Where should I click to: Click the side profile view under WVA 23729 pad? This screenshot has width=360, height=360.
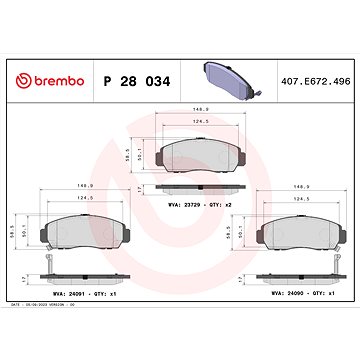[199, 188]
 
